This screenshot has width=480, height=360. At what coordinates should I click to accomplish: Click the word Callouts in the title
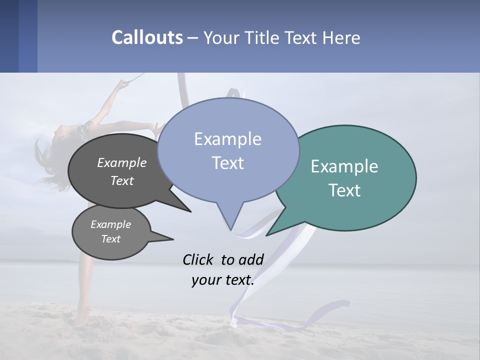coord(147,37)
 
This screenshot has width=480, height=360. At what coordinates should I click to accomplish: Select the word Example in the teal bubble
coord(344,166)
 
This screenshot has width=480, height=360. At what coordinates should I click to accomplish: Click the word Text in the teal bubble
coord(344,190)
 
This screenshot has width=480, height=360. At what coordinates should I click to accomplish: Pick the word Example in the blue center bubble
coord(227,139)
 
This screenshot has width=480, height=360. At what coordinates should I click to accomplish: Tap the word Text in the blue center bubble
coord(227,163)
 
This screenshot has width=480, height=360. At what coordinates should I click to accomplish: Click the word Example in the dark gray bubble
coord(122,162)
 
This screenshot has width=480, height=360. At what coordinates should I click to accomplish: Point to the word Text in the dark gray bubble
coord(122,180)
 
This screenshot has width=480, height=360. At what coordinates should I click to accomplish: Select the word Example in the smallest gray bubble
coord(110,224)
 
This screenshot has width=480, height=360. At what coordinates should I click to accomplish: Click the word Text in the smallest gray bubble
coord(110,239)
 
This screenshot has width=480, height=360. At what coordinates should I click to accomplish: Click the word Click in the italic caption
coord(198,259)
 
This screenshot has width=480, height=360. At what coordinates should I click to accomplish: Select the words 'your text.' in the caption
coord(223,280)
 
